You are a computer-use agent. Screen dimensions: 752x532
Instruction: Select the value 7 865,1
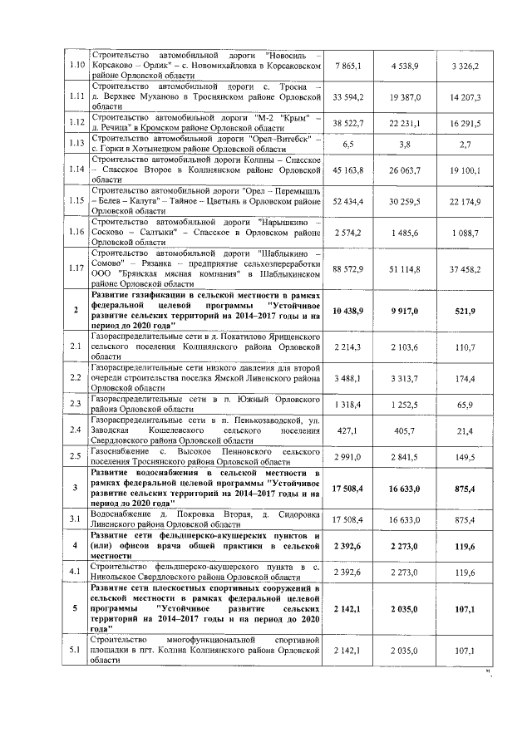coord(348,64)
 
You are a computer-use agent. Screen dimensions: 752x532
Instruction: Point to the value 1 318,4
coord(348,405)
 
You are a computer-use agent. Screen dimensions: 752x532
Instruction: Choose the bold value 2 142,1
coord(348,608)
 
